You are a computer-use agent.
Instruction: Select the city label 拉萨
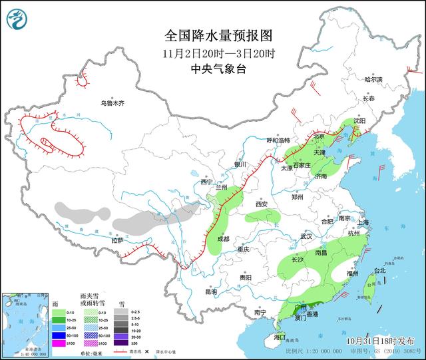118,241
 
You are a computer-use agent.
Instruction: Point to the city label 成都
222,238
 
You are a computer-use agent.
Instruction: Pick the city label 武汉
306,236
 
